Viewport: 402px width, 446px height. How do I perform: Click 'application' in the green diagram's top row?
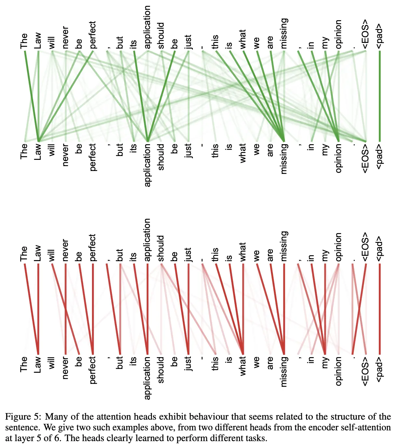(x=147, y=27)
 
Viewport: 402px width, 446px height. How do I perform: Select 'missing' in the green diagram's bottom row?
(x=284, y=159)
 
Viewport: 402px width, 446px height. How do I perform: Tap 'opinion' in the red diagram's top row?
(x=339, y=247)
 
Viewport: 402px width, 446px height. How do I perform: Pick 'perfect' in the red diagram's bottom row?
(x=93, y=370)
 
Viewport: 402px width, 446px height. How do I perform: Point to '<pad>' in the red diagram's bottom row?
(x=379, y=369)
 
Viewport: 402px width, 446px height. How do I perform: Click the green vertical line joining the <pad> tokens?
(x=379, y=96)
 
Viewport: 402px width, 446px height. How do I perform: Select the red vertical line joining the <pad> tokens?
(x=379, y=309)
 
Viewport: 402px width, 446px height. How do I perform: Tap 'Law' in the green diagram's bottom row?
(x=38, y=152)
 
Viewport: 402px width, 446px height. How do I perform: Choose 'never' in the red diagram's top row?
(x=65, y=250)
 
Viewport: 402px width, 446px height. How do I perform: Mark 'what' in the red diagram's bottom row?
(x=243, y=366)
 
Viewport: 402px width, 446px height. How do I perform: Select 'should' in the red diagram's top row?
(x=161, y=248)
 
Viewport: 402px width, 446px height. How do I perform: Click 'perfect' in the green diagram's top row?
(x=93, y=35)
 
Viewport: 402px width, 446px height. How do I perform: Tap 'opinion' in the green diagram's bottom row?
(x=339, y=159)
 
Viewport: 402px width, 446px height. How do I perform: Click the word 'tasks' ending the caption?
(x=257, y=438)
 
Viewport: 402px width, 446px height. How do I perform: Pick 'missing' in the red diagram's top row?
(x=284, y=246)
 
